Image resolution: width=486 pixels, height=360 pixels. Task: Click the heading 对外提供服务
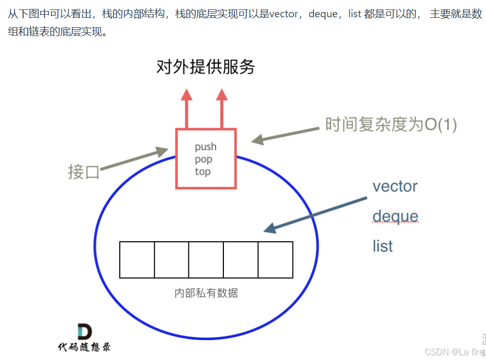[205, 67]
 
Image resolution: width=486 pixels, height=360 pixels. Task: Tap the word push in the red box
[206, 147]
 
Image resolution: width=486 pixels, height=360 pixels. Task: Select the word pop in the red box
[204, 160]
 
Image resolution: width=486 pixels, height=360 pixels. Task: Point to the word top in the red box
[202, 172]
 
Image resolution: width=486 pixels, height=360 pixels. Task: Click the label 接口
[84, 172]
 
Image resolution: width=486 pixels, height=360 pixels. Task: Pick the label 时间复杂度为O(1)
[391, 125]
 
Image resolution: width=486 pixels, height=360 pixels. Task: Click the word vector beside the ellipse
[395, 186]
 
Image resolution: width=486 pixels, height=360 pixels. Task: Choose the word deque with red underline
[395, 216]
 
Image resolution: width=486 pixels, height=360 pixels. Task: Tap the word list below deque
[382, 246]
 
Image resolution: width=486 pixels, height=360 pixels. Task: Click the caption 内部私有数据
[206, 293]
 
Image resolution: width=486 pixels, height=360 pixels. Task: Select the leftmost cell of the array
[137, 260]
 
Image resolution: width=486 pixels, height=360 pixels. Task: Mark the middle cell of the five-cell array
[206, 260]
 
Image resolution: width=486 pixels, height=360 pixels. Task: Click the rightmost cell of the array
[275, 260]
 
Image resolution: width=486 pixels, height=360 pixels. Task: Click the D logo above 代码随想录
[84, 332]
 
